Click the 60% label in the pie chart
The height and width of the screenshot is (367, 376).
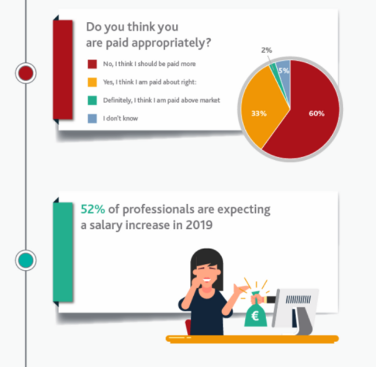pos(316,113)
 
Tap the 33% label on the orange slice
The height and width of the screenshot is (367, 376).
pos(258,114)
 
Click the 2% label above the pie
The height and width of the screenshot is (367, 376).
pos(266,50)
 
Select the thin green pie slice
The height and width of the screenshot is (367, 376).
pos(273,69)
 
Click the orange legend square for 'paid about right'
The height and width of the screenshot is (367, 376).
pos(91,81)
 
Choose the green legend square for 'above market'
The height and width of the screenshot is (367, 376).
pos(91,100)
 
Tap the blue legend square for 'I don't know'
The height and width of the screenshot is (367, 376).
pos(91,118)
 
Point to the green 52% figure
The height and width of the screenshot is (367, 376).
pos(93,209)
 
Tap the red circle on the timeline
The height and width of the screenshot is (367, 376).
pos(26,73)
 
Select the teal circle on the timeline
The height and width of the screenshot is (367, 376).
pos(26,260)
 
